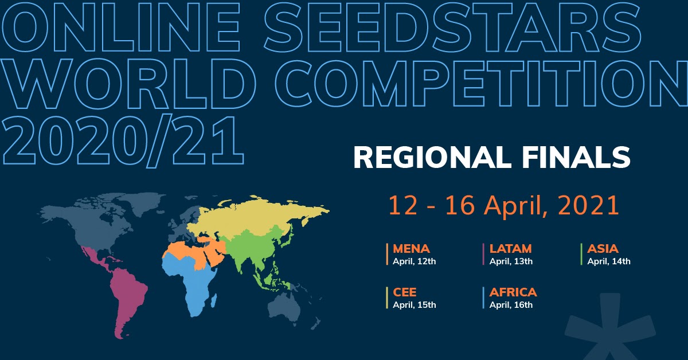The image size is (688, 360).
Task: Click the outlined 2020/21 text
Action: click(123, 141)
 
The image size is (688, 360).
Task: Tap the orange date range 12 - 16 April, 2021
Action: click(504, 205)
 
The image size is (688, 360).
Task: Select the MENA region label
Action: click(411, 249)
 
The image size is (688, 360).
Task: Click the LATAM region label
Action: click(510, 249)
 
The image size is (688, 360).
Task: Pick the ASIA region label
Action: click(603, 249)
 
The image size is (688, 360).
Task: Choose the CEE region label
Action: click(405, 292)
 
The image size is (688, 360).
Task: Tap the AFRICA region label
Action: click(513, 292)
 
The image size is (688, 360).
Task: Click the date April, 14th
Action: click(609, 261)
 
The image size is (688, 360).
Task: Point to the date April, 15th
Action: click(415, 305)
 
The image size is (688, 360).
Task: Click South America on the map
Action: click(127, 295)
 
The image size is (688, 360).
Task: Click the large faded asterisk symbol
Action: click(609, 329)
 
